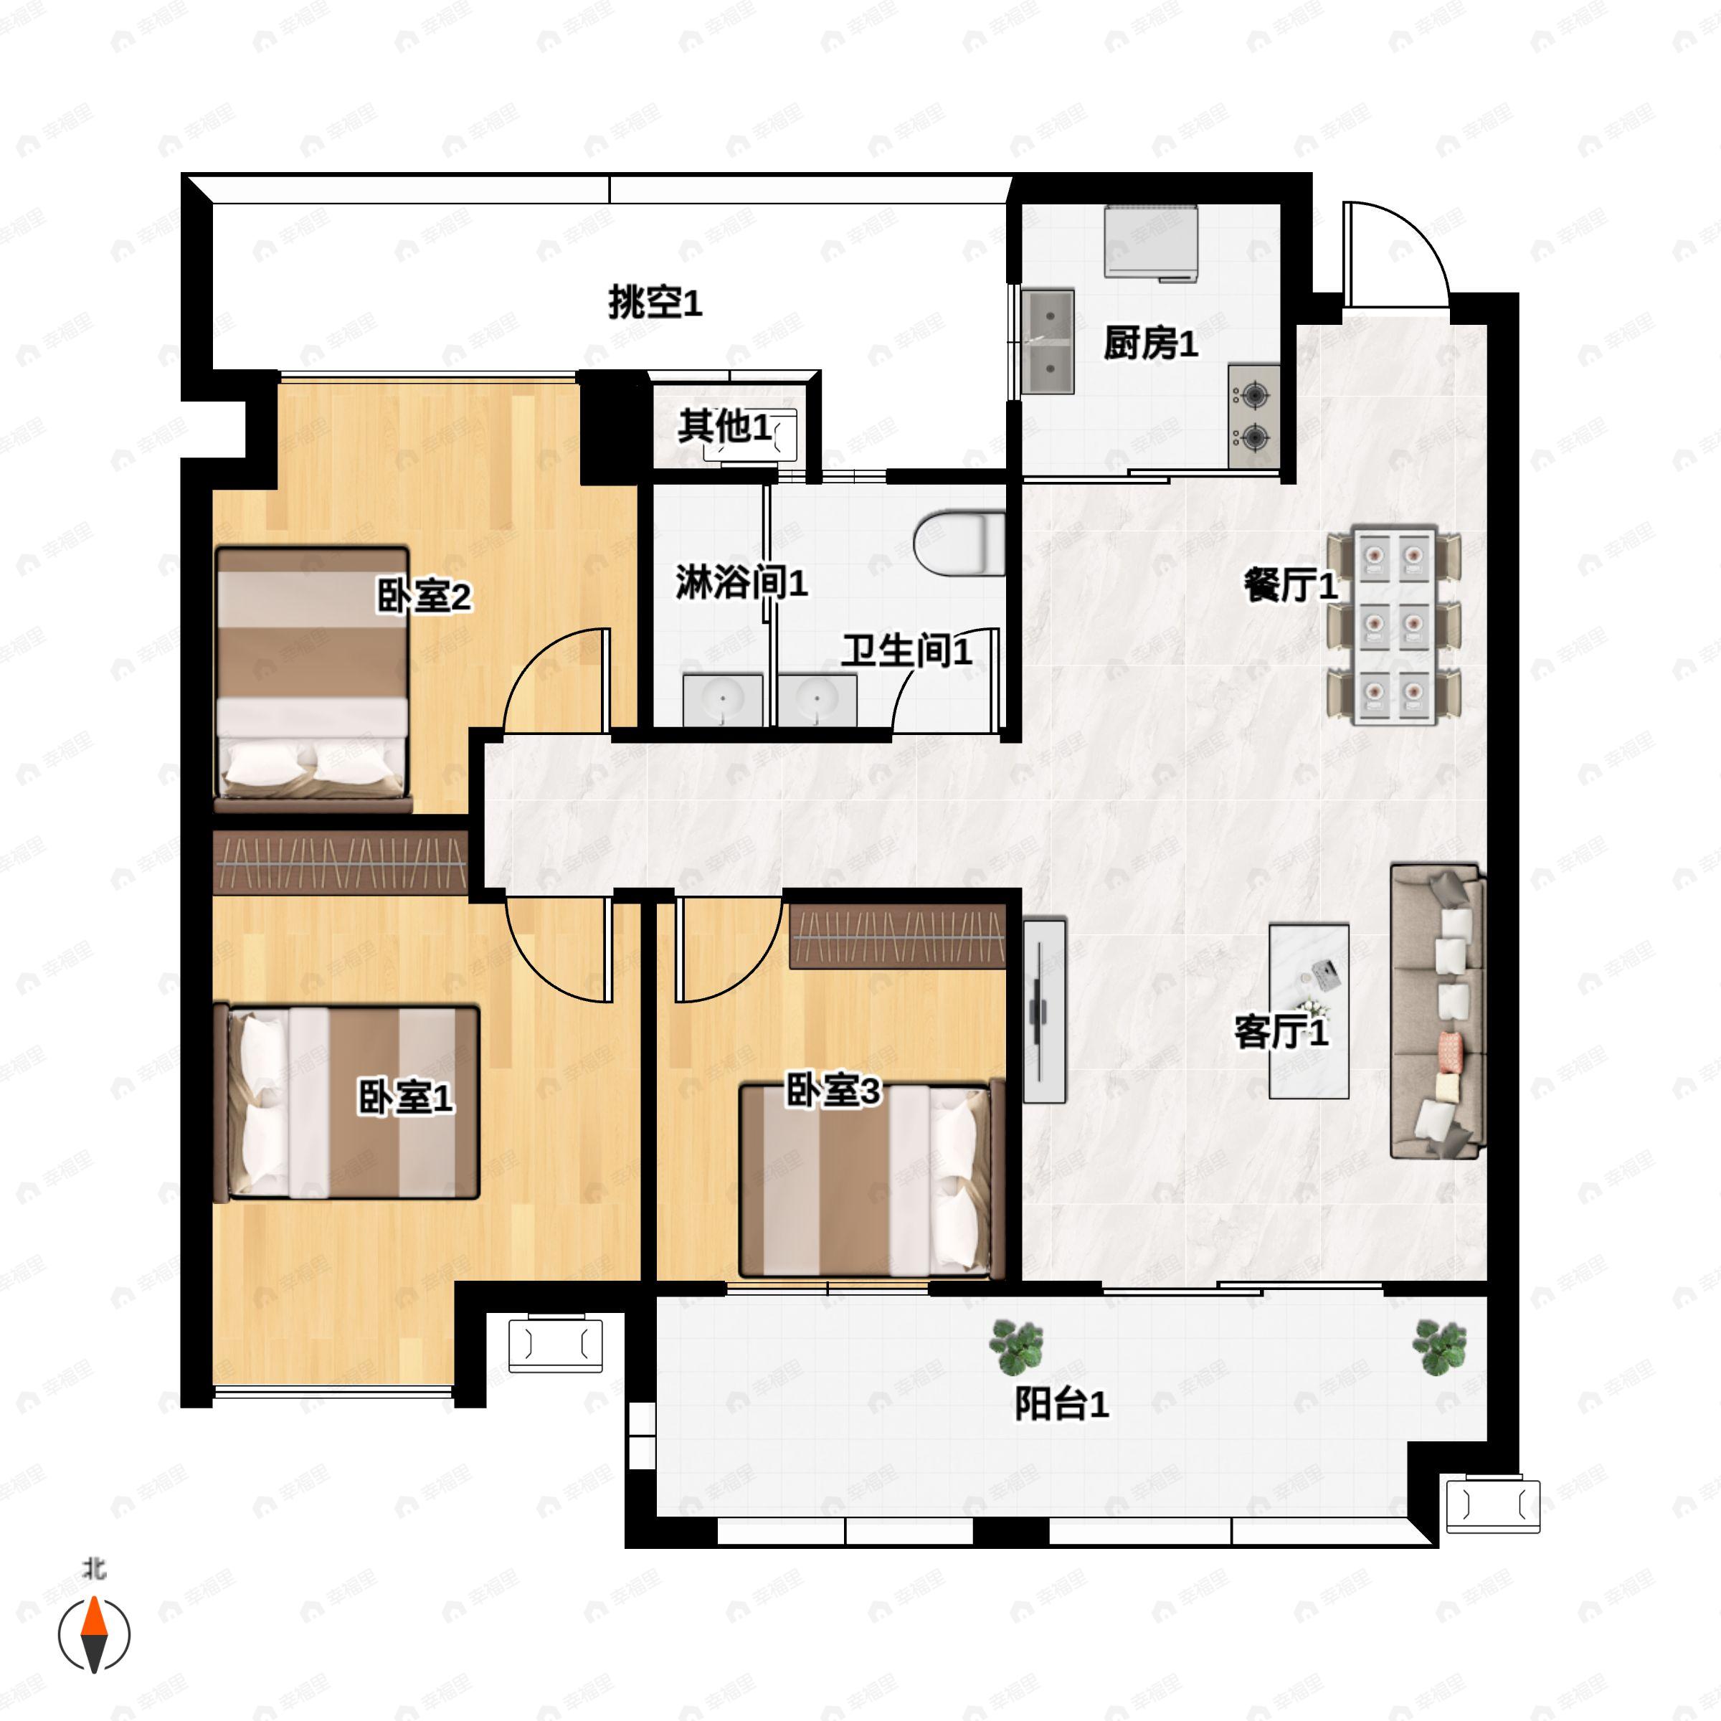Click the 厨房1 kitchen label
pos(1150,343)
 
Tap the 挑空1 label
pos(655,303)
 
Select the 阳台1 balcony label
pos(1062,1405)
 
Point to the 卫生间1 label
pos(907,651)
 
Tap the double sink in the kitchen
pos(1048,341)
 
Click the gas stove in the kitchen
pos(1254,415)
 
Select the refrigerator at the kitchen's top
pos(1151,242)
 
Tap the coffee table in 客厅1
pos(1309,1011)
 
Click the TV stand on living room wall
pos(1044,1011)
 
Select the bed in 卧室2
pos(312,680)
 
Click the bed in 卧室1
pos(354,1102)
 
